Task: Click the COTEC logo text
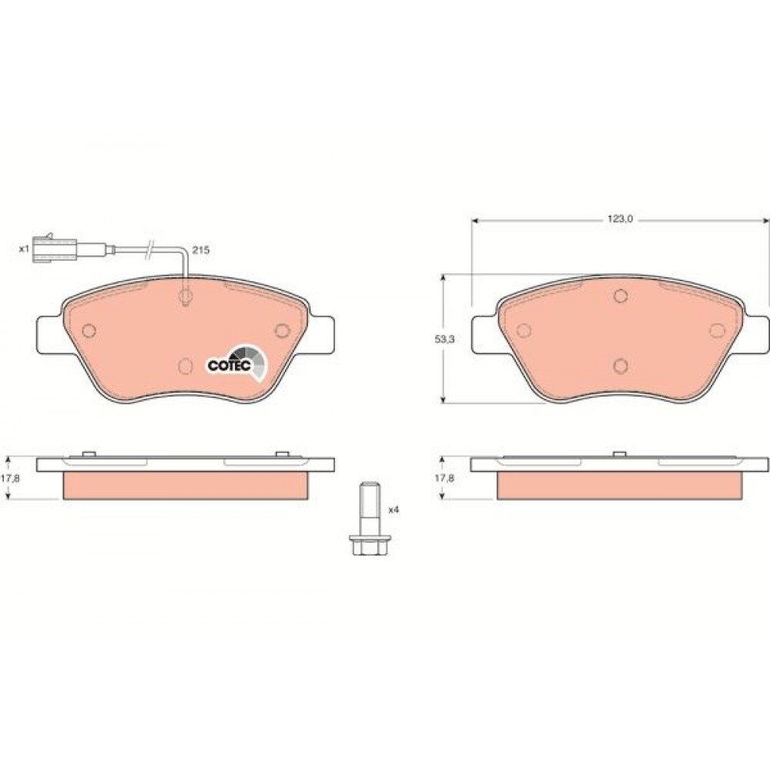pyautogui.click(x=229, y=366)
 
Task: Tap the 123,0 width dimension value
pyautogui.click(x=620, y=219)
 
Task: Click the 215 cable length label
pyautogui.click(x=200, y=250)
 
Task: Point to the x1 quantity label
pyautogui.click(x=24, y=249)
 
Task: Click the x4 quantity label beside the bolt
pyautogui.click(x=393, y=510)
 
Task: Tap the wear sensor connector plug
pyautogui.click(x=54, y=247)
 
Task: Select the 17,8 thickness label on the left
pyautogui.click(x=10, y=478)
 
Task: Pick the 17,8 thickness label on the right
pyautogui.click(x=444, y=478)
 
